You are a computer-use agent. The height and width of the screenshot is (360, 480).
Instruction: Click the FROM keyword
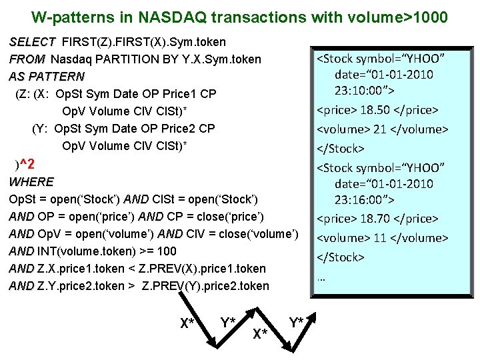click(27, 59)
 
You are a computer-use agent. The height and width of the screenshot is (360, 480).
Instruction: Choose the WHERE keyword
click(31, 181)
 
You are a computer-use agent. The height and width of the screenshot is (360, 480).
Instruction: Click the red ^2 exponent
click(28, 164)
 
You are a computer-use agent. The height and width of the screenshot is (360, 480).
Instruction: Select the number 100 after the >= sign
click(167, 251)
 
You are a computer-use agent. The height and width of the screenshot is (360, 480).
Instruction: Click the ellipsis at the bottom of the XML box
click(321, 277)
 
